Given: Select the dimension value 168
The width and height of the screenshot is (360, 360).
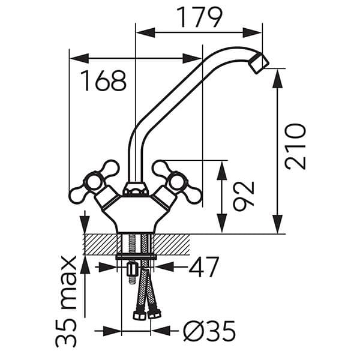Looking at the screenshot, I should [104, 80].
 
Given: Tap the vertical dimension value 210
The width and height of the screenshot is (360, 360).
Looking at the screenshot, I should [295, 146].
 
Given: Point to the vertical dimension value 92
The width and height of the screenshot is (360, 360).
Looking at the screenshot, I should [244, 196].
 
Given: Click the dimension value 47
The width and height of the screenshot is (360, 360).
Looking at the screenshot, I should [204, 267].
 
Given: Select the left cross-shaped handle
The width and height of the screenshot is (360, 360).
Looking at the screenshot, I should [94, 181].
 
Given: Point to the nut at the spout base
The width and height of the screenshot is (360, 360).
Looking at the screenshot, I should [136, 191].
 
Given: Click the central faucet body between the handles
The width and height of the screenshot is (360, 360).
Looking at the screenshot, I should [136, 213].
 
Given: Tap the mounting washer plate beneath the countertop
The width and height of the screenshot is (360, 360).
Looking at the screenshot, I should [136, 257].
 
